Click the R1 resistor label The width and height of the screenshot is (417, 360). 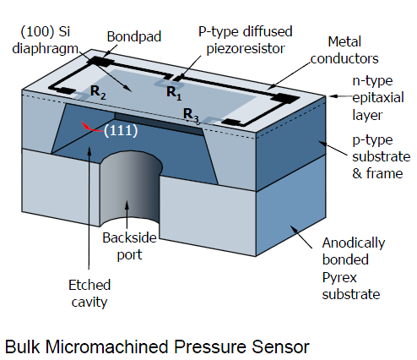point(172,92)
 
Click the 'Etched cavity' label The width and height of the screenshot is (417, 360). point(87,292)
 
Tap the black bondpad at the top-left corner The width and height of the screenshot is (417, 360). point(102,62)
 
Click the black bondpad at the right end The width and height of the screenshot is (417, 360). point(288,97)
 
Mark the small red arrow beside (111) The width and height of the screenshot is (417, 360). point(89,127)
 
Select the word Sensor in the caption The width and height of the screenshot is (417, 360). point(283,346)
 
